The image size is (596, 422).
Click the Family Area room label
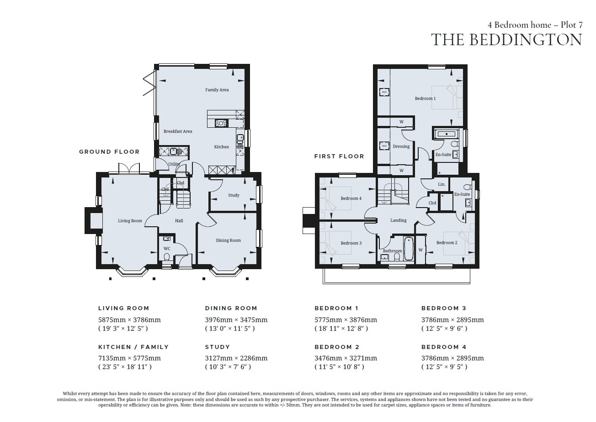217,90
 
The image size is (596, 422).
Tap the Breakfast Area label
178,131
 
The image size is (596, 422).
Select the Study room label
234,195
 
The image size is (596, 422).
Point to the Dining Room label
228,240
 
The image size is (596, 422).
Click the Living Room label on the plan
130,221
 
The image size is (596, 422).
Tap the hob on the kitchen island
221,123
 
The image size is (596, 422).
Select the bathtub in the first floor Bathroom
408,249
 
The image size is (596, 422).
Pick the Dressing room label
401,146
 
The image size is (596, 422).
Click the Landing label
398,220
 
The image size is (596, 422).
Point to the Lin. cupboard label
442,184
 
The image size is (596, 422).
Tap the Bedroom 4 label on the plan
351,198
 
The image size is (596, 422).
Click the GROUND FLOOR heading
109,151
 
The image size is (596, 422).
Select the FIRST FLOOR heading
339,156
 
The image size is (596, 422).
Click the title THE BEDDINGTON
506,40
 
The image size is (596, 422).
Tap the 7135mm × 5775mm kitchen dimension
130,358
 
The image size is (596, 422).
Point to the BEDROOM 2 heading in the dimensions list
337,347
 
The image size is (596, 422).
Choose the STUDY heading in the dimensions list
218,347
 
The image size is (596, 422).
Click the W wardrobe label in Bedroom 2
420,250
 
